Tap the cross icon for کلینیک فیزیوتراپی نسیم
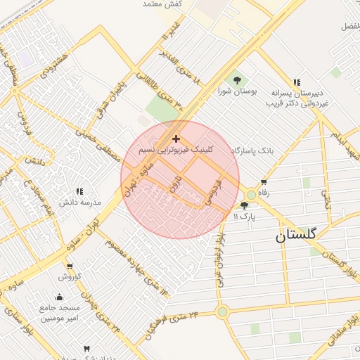click(x=176, y=139)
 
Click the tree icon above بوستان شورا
click(x=237, y=80)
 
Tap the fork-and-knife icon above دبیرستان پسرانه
click(x=297, y=82)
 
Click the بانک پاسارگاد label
click(x=256, y=150)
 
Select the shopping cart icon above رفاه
click(x=264, y=182)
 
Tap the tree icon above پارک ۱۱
click(x=244, y=205)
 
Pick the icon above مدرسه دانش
click(x=79, y=191)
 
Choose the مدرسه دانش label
click(x=79, y=202)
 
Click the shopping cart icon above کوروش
click(x=70, y=266)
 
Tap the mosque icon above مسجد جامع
click(x=70, y=297)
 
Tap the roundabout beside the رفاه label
click(x=251, y=194)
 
